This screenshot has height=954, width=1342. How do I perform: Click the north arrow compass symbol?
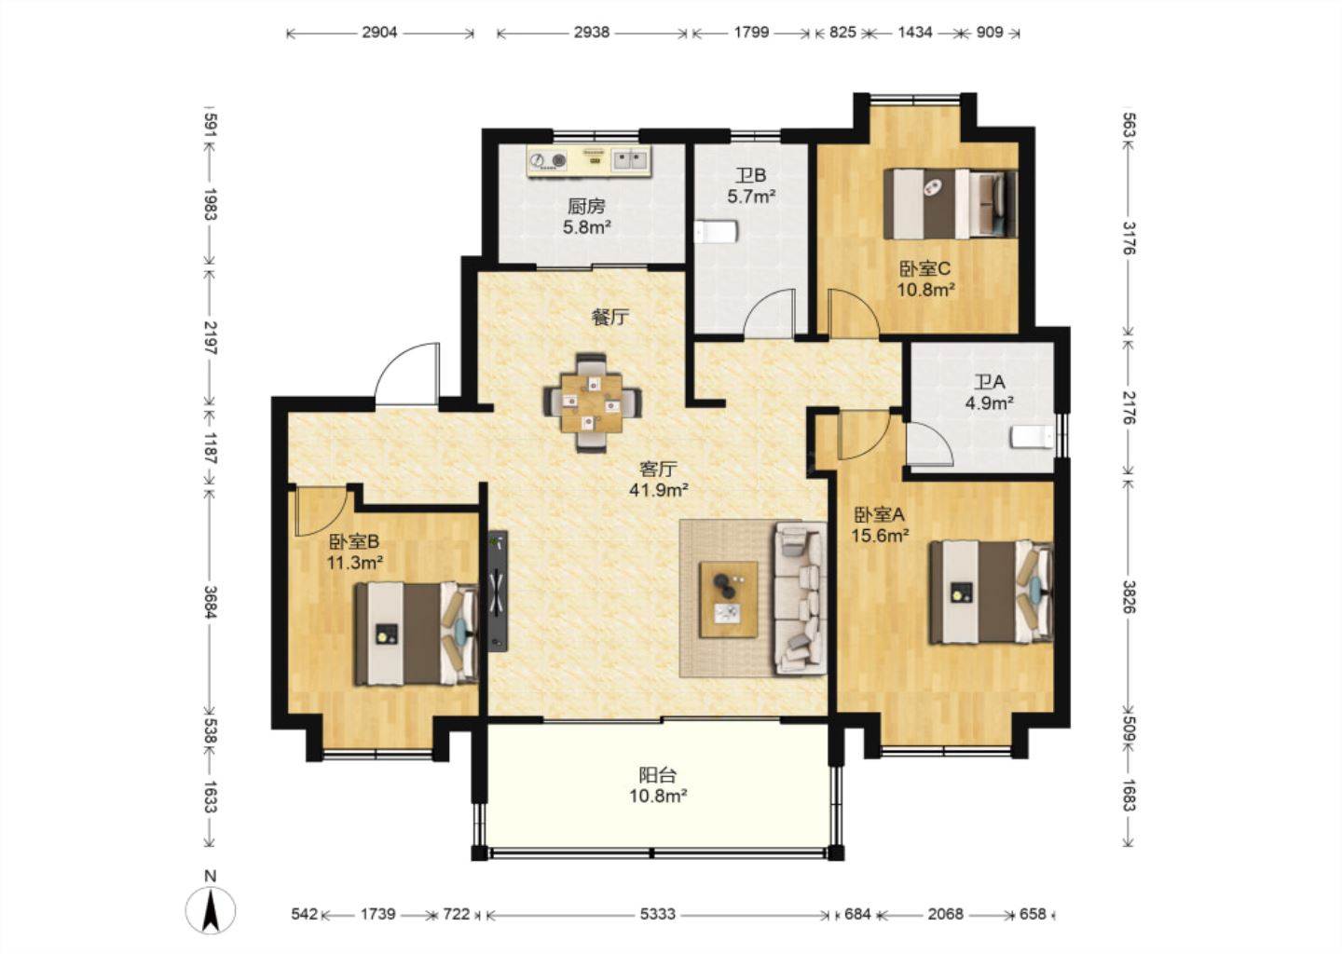tap(211, 911)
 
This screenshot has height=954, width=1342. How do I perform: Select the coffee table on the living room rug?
tap(729, 599)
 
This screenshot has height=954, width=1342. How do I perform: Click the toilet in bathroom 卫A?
tap(1033, 437)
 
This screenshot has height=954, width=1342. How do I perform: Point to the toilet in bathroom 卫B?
tap(716, 232)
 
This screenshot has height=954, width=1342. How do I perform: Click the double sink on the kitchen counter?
tap(630, 160)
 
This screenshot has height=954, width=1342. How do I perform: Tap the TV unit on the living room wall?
tap(498, 591)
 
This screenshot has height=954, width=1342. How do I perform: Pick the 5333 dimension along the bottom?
tap(657, 914)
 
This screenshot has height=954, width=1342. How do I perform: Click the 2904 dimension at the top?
tap(379, 33)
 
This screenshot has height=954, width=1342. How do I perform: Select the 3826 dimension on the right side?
tap(1129, 596)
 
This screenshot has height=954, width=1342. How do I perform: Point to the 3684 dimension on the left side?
tap(210, 601)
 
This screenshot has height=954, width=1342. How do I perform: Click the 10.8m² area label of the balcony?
tap(658, 796)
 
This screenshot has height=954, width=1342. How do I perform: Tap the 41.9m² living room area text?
tap(658, 490)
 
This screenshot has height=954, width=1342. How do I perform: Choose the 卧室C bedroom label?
tap(925, 268)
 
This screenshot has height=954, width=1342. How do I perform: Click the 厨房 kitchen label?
tap(586, 207)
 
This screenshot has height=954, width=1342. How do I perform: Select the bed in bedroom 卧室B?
tap(417, 634)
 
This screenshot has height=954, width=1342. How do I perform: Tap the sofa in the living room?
tap(801, 599)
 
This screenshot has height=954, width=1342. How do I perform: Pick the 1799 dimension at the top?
tap(751, 33)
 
